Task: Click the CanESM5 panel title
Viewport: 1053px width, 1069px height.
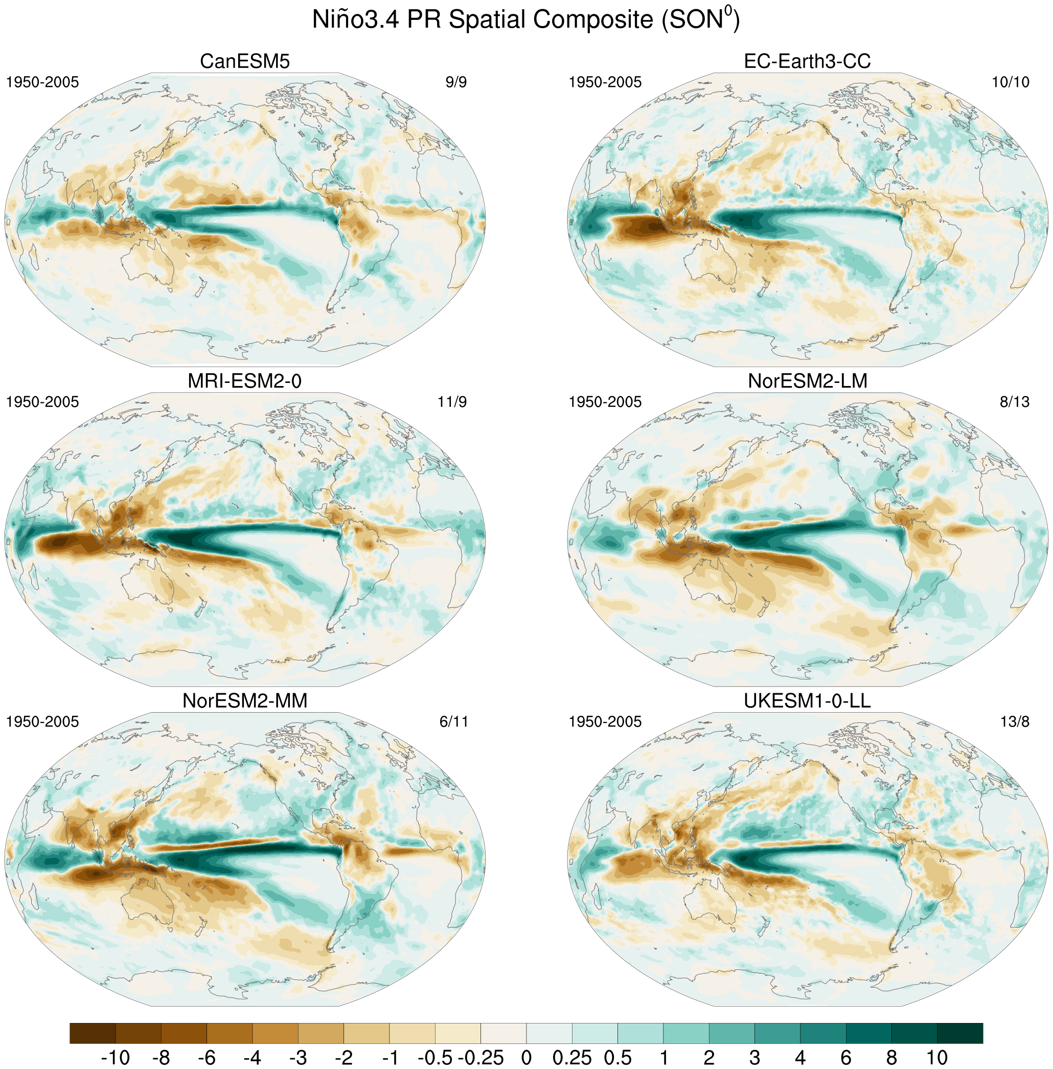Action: click(244, 61)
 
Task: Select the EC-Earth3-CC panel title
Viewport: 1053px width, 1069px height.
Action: click(808, 61)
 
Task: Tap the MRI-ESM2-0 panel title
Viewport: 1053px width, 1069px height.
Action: click(244, 381)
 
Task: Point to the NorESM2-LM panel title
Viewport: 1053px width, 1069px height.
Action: click(808, 381)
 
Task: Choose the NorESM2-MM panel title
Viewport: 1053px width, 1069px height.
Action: click(244, 701)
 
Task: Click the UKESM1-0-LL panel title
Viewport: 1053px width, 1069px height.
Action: click(808, 701)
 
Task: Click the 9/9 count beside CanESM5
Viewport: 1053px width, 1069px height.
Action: click(456, 82)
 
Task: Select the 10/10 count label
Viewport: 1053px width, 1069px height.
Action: click(1011, 82)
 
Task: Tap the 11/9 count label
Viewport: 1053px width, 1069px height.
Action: click(452, 402)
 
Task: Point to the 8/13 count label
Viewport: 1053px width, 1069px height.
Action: click(1015, 402)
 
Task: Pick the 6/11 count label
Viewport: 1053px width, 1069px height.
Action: click(453, 722)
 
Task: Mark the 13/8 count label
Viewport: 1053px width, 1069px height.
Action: click(1015, 722)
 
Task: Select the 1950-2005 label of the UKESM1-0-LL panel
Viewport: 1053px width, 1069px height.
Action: click(605, 722)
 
